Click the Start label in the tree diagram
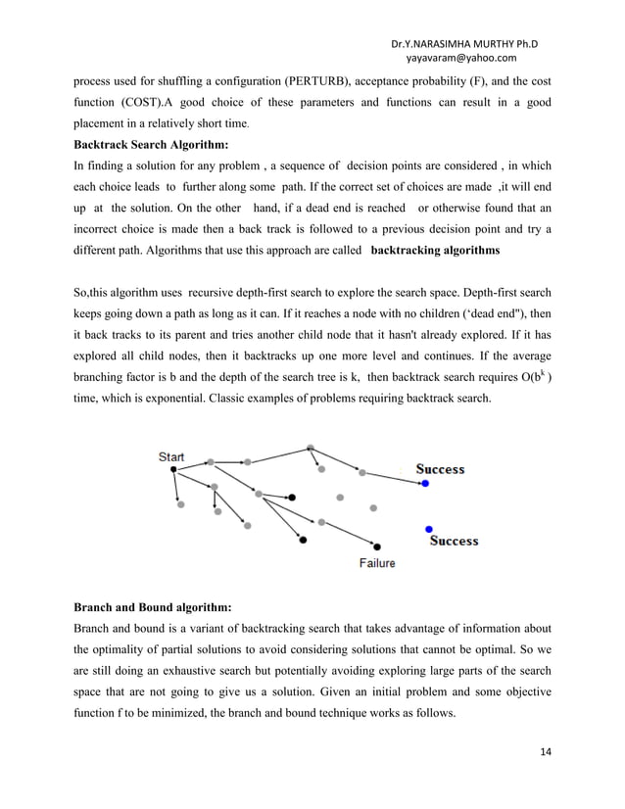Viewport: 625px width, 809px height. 170,456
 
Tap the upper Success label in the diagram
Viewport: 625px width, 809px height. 440,469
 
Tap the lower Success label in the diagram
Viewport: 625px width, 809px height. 454,541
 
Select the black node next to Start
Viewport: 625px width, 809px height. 173,470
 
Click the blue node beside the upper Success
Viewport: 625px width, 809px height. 424,483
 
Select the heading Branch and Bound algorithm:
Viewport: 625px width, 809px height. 152,607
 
